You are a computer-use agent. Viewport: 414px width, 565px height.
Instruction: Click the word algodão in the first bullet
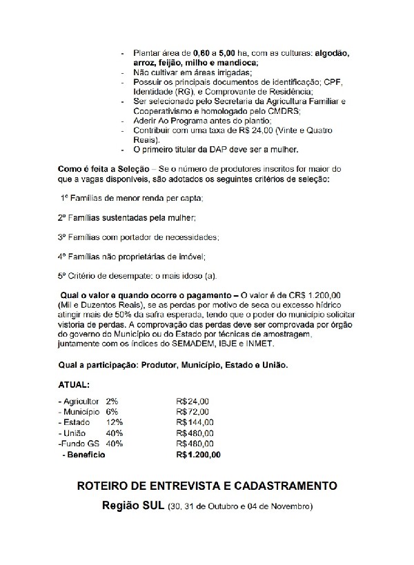(330, 53)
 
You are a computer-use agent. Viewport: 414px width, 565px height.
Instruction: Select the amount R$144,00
(196, 422)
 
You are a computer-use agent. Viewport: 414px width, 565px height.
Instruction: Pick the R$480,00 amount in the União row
(196, 433)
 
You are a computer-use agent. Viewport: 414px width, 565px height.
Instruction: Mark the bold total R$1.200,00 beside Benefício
(199, 455)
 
